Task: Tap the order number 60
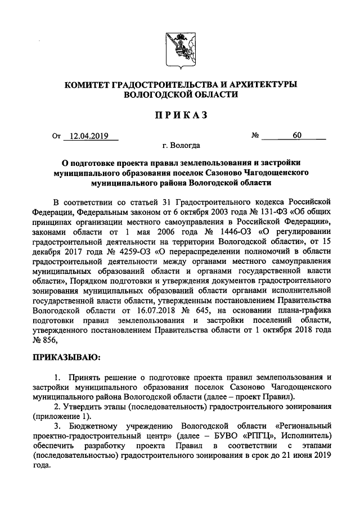(x=296, y=136)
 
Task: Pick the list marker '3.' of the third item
(x=57, y=426)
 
